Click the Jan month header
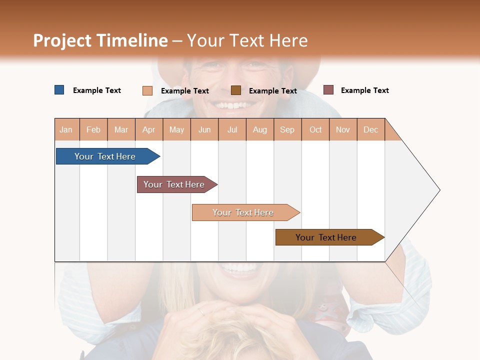pyautogui.click(x=66, y=129)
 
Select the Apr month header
pyautogui.click(x=148, y=129)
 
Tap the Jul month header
pyautogui.click(x=232, y=129)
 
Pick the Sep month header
pyautogui.click(x=287, y=129)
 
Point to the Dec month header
pyautogui.click(x=370, y=129)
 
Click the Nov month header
pyautogui.click(x=342, y=129)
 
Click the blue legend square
pyautogui.click(x=59, y=90)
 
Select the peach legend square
pyautogui.click(x=147, y=90)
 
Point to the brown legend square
pyautogui.click(x=235, y=90)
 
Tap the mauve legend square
pyautogui.click(x=328, y=90)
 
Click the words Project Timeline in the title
pyautogui.click(x=100, y=40)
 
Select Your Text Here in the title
pyautogui.click(x=247, y=40)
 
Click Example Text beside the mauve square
pyautogui.click(x=364, y=90)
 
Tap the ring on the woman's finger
pyautogui.click(x=200, y=311)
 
